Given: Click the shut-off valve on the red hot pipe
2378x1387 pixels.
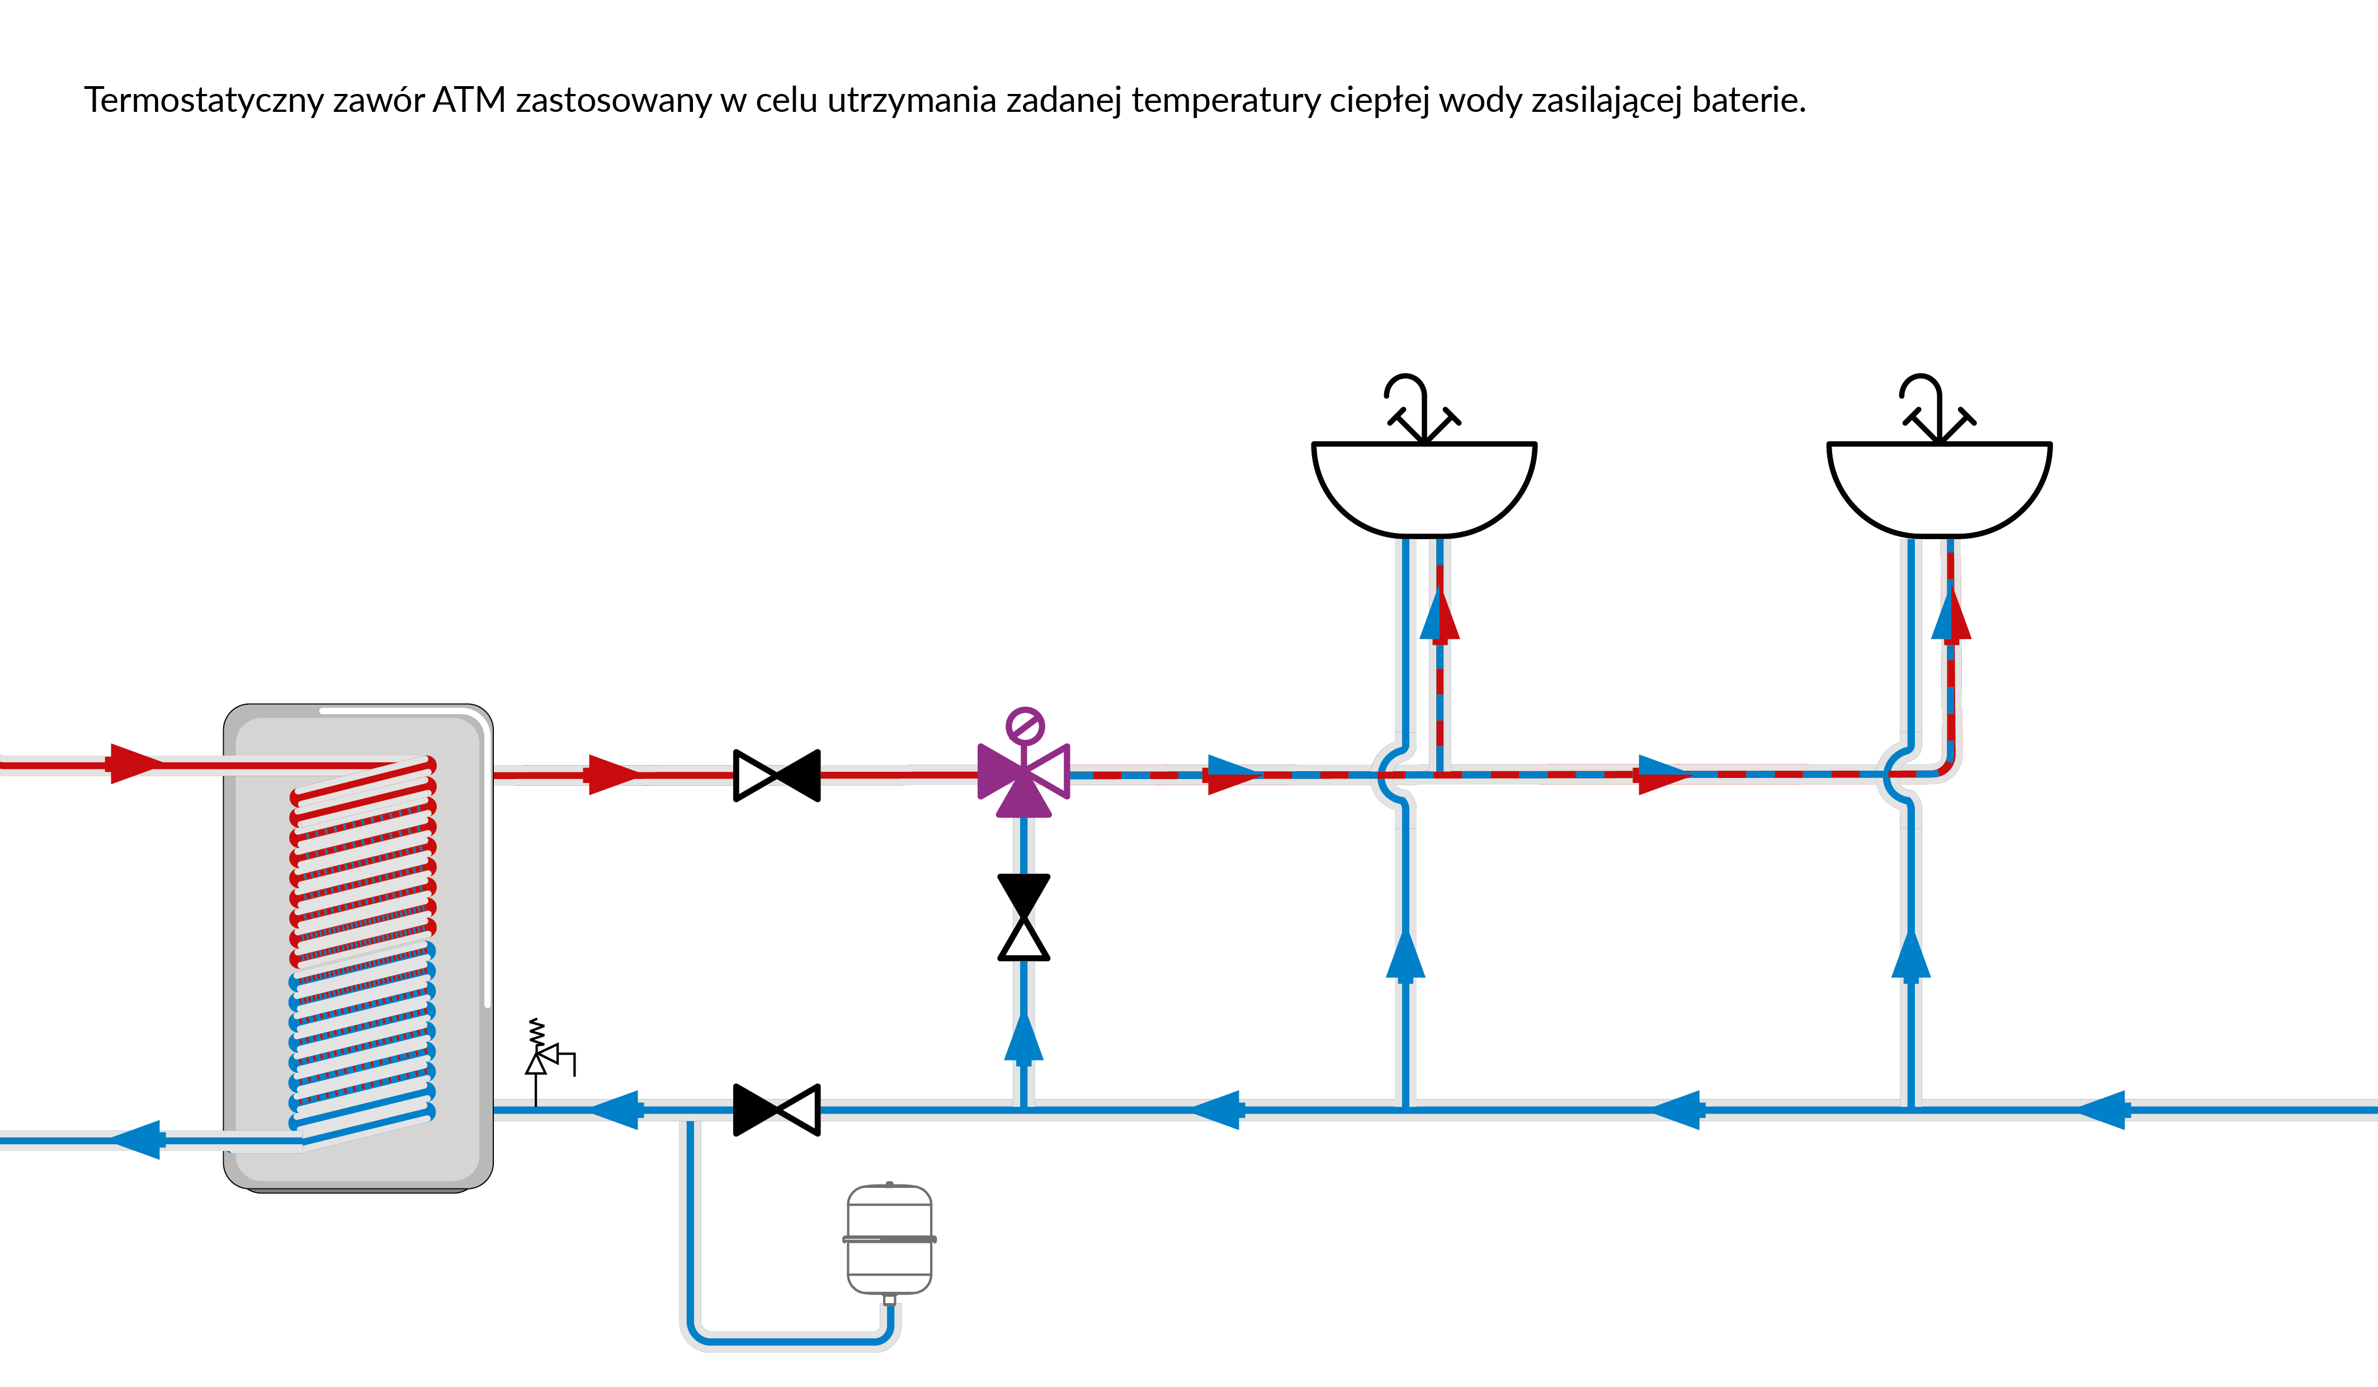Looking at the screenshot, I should tap(777, 776).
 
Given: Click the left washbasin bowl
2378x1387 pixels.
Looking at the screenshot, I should tap(1424, 486).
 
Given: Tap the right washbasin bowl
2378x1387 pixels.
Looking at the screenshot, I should tap(1939, 486).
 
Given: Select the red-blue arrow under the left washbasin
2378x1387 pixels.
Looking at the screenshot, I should tap(1440, 614).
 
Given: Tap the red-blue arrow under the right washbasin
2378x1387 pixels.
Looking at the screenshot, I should tap(1951, 614).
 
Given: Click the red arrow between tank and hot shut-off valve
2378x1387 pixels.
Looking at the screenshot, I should tap(614, 776).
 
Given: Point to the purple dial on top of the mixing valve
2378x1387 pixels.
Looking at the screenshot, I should tap(1025, 726).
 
